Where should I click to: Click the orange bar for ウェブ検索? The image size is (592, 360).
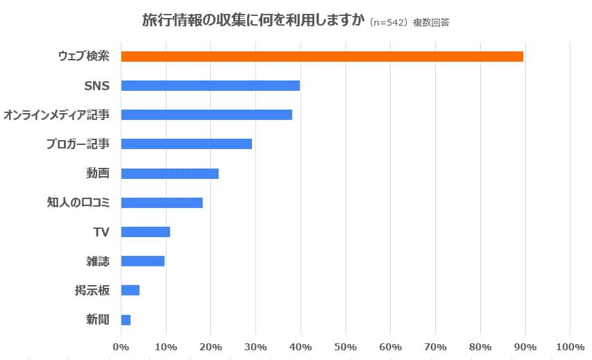(x=322, y=56)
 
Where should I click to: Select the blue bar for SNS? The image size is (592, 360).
(x=210, y=85)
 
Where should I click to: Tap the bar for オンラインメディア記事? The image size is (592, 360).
(x=206, y=114)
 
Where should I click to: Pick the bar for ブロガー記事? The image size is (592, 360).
(x=186, y=144)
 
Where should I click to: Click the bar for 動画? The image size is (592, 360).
(x=169, y=173)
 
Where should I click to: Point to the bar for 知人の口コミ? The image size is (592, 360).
(x=162, y=203)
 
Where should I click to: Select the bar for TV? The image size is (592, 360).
(x=145, y=232)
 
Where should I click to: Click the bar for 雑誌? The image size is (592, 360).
(x=142, y=261)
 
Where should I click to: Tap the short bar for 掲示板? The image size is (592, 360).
(x=130, y=290)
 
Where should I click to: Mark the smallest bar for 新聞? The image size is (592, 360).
(x=126, y=320)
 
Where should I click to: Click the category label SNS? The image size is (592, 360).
(x=96, y=86)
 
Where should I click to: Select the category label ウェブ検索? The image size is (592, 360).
(x=83, y=56)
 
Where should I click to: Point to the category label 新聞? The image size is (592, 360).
(x=97, y=320)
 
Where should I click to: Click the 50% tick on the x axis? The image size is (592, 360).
(x=346, y=346)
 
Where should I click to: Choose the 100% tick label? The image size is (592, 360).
(x=570, y=346)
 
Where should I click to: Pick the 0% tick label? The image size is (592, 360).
(x=121, y=346)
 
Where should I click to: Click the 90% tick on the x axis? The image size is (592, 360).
(x=525, y=346)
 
